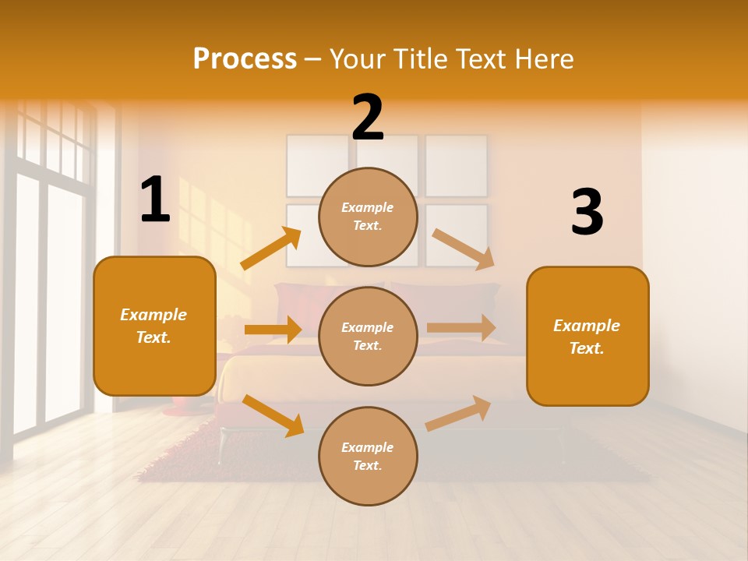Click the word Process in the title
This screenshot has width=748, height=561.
pyautogui.click(x=245, y=58)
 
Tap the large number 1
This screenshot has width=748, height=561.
pyautogui.click(x=155, y=199)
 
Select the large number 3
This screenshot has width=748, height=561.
pyautogui.click(x=587, y=212)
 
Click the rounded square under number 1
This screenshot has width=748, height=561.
pyautogui.click(x=154, y=326)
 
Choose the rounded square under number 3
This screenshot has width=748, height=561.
pyautogui.click(x=587, y=336)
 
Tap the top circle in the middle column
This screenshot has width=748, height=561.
pyautogui.click(x=368, y=217)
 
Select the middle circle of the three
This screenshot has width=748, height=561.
pyautogui.click(x=368, y=336)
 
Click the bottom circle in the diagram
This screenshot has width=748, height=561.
pyautogui.click(x=368, y=456)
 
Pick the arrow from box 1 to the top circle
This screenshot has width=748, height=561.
pyautogui.click(x=271, y=249)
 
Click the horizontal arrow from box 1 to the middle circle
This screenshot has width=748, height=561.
pyautogui.click(x=273, y=330)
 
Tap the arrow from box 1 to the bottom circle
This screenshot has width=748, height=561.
pyautogui.click(x=273, y=415)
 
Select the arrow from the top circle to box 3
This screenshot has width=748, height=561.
pyautogui.click(x=464, y=249)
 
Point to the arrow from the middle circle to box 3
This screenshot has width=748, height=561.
pyautogui.click(x=461, y=328)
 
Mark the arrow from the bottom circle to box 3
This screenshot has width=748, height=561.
pyautogui.click(x=459, y=413)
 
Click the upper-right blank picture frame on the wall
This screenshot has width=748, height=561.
pyautogui.click(x=457, y=165)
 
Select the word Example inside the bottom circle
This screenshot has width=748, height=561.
pyautogui.click(x=368, y=447)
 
